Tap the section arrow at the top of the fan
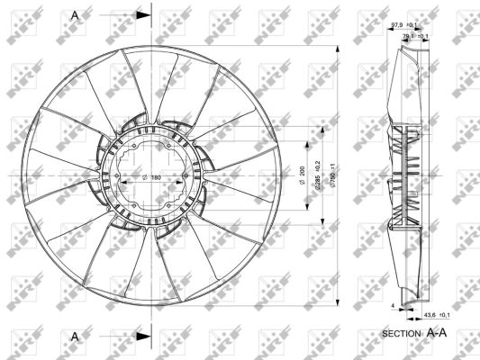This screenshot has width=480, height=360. click(142, 15)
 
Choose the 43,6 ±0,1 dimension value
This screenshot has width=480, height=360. click(436, 315)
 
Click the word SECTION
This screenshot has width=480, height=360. click(401, 334)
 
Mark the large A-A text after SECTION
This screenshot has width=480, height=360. click(437, 333)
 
